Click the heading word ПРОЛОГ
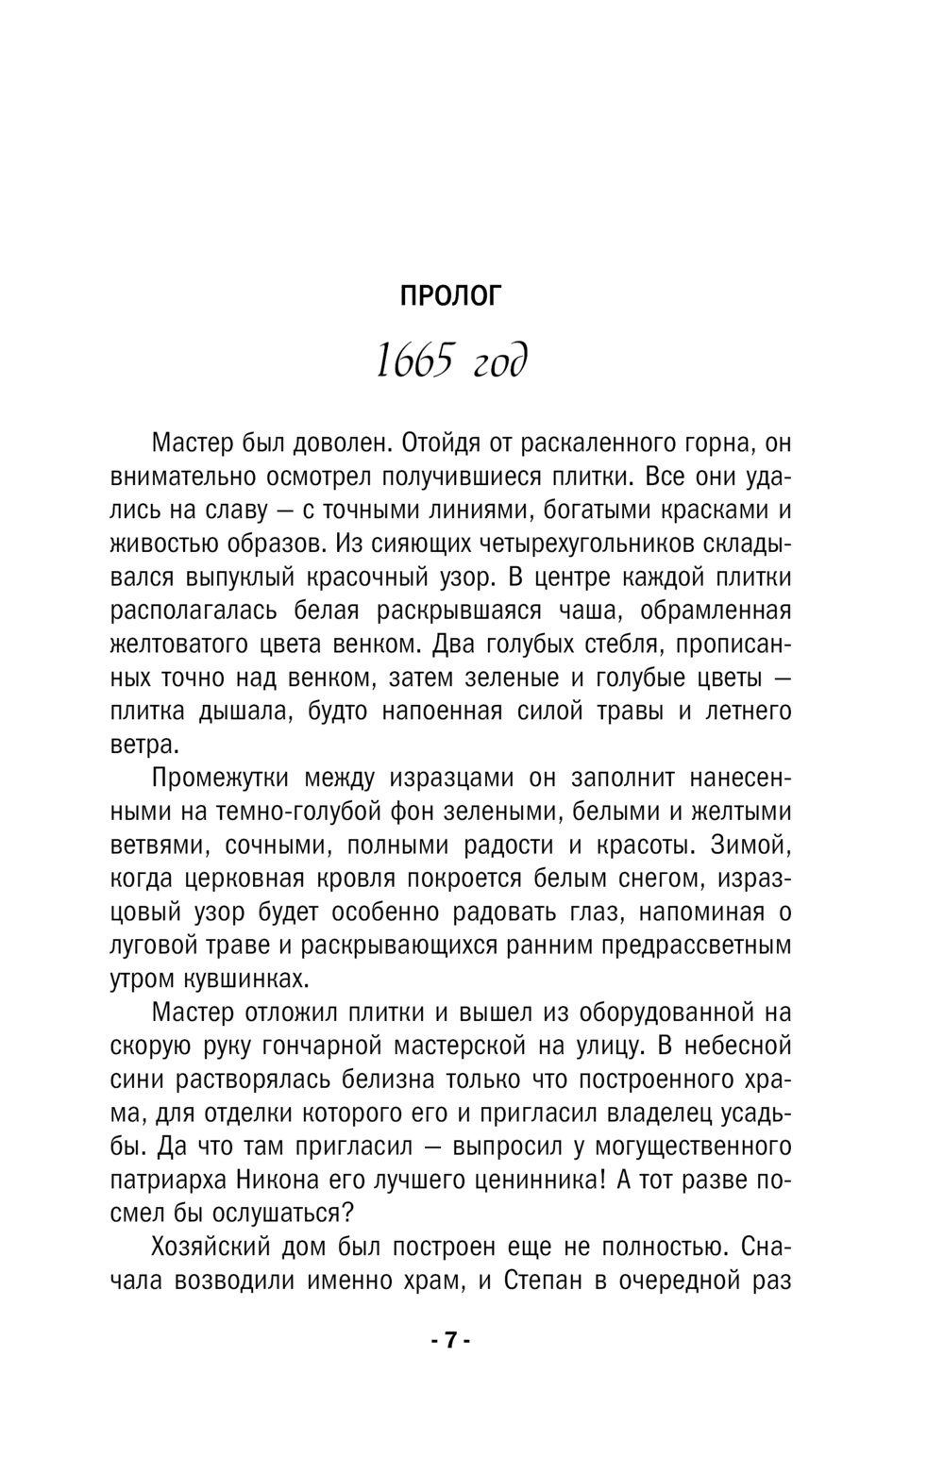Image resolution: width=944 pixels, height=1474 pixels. (x=451, y=296)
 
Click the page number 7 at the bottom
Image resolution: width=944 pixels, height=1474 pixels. (x=450, y=1341)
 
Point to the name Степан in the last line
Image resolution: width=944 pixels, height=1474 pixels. (x=543, y=1281)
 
